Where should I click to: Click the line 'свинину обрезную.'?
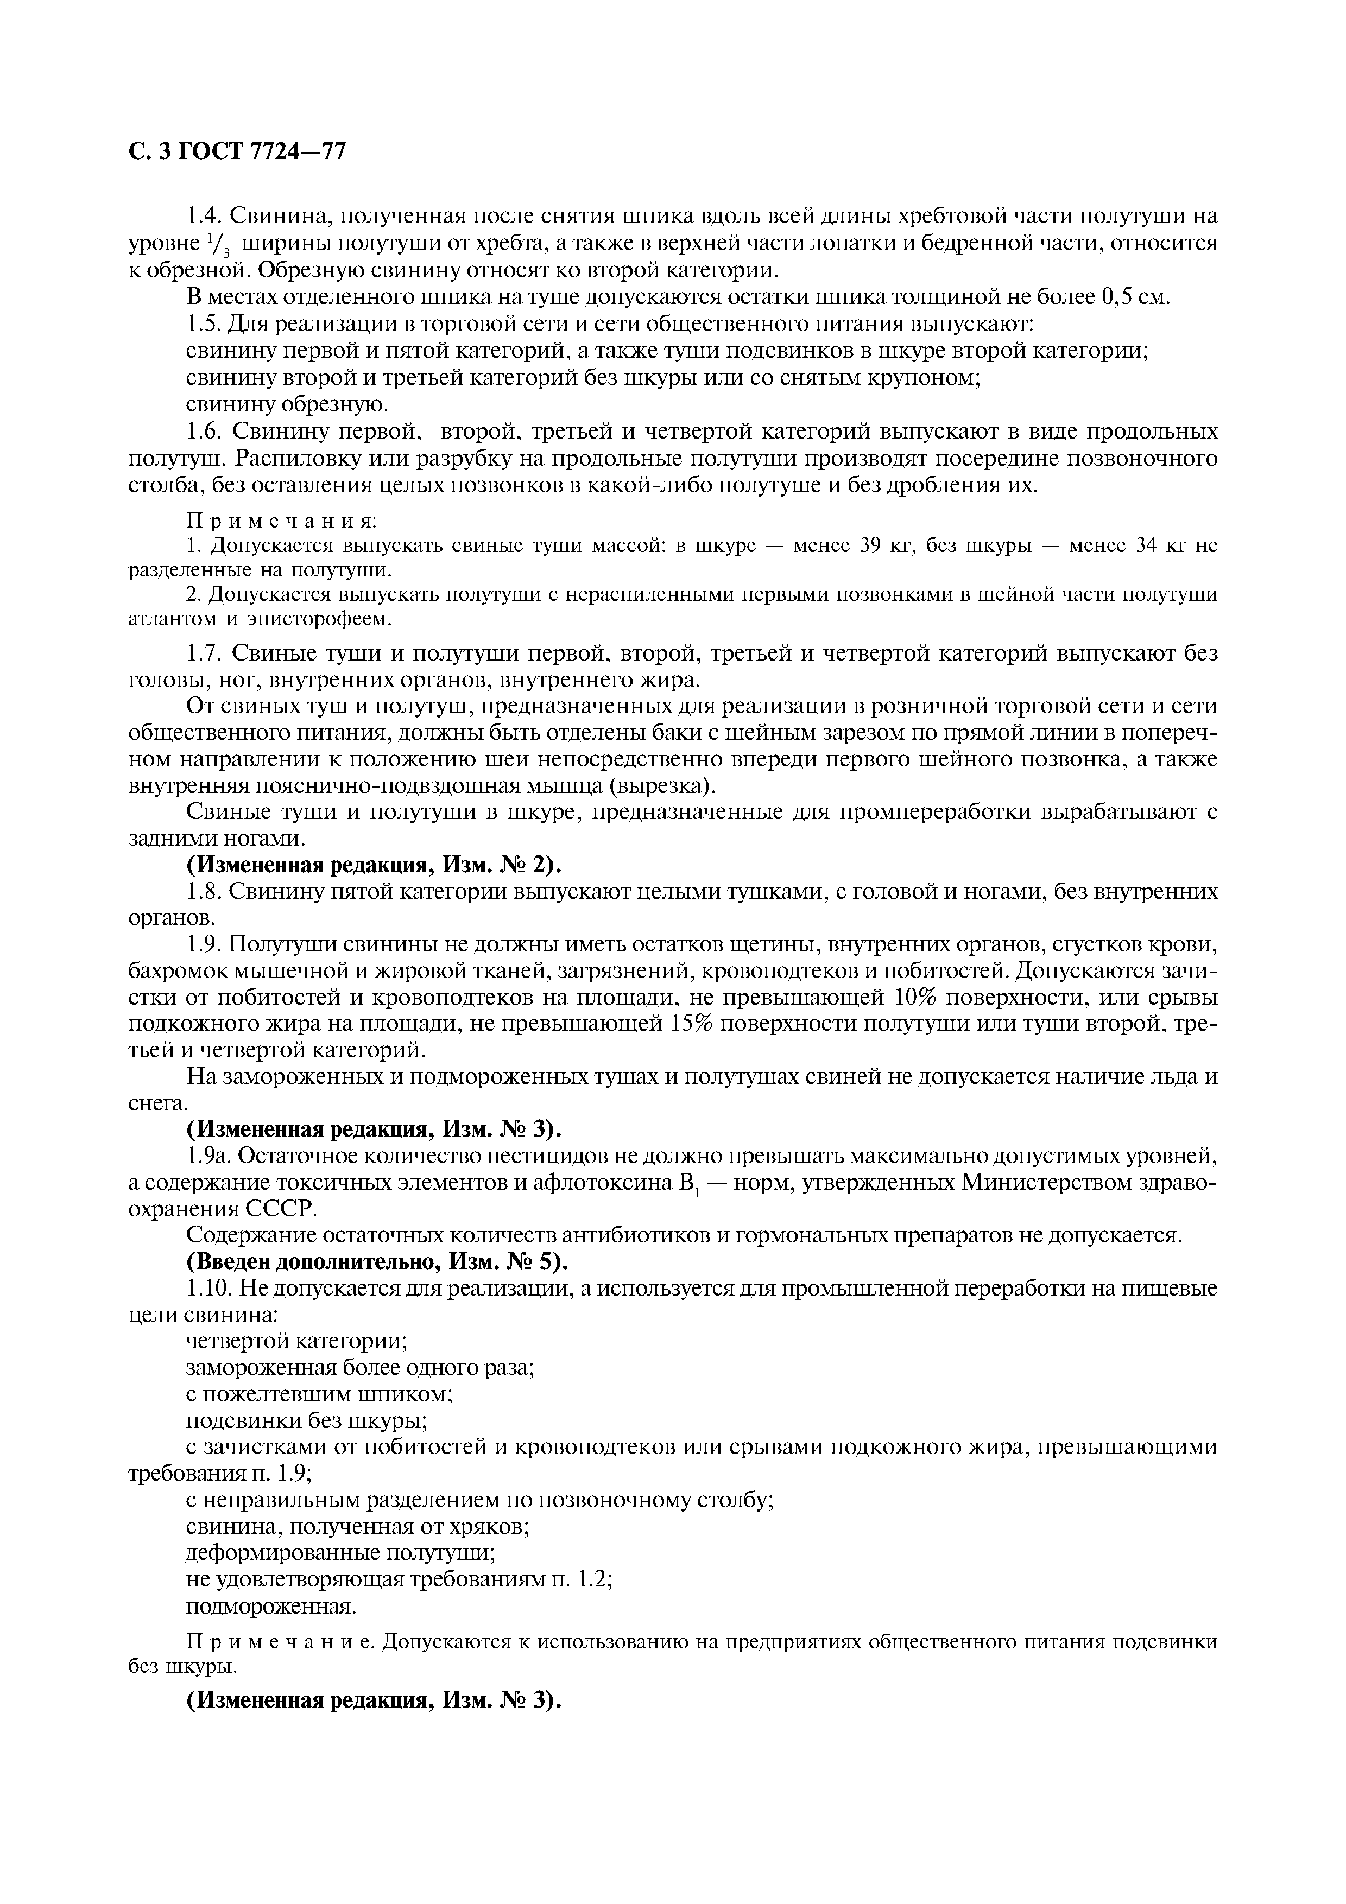286,405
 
